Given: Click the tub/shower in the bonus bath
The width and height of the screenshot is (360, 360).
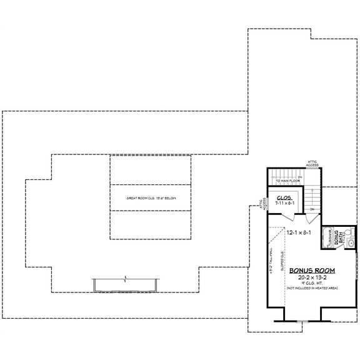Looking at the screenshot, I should tap(329, 239).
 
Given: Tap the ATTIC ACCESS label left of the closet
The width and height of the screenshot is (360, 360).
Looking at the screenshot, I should tap(262, 204).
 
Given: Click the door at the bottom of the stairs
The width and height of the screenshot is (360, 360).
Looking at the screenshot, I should tap(312, 218).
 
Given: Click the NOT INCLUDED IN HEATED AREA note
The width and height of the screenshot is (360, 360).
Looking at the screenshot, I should tap(312, 288).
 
